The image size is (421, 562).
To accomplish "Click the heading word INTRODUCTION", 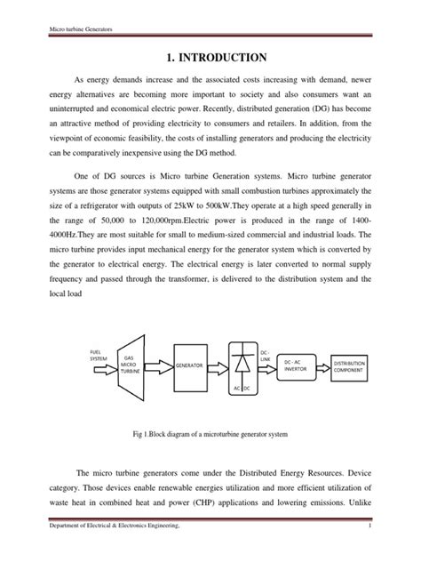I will tap(222, 59).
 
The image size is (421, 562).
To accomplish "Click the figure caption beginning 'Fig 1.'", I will tap(210, 433).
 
